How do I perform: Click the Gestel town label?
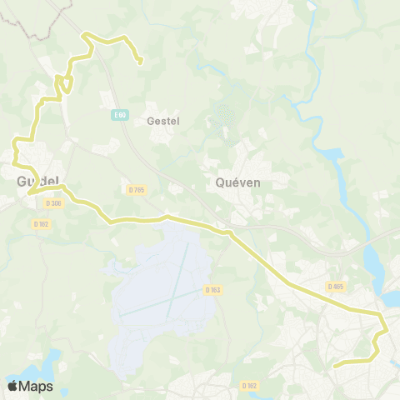(x=162, y=121)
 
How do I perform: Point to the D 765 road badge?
(x=137, y=191)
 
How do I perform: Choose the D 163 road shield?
(x=212, y=290)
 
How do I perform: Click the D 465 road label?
(x=335, y=287)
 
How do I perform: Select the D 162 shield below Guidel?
(x=42, y=223)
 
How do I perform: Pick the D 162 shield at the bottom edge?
(x=249, y=385)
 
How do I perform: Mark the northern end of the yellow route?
(x=140, y=61)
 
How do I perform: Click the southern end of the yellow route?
(x=334, y=365)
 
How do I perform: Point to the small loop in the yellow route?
(x=62, y=84)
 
